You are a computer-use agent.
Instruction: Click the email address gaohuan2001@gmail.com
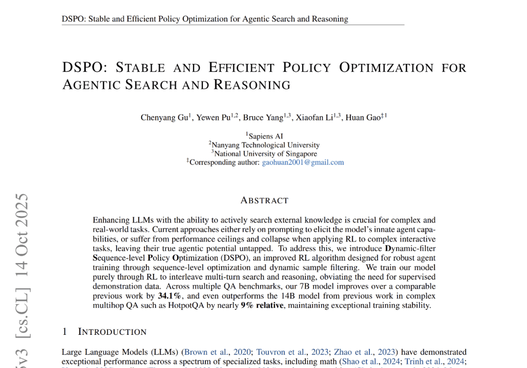tap(303, 163)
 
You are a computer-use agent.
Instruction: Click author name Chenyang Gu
tap(163, 118)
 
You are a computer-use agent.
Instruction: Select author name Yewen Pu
tap(212, 118)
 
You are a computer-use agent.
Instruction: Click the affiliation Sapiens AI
tap(265, 136)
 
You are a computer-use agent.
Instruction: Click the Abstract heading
tap(264, 201)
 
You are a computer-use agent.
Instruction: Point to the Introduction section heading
tap(112, 332)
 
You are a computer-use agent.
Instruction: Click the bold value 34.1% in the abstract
tap(170, 296)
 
